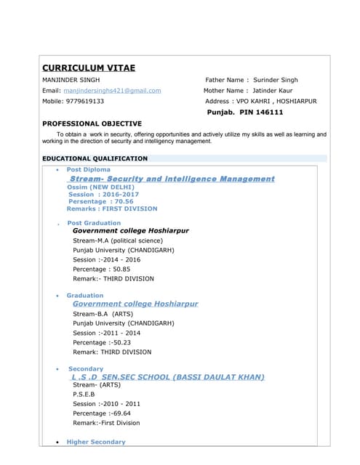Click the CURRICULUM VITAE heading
click(x=89, y=68)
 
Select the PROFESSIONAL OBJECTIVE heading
click(x=92, y=124)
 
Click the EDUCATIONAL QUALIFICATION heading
click(x=95, y=158)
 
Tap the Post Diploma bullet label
click(x=89, y=169)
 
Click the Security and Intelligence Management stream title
click(x=172, y=179)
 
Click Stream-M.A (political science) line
click(x=118, y=240)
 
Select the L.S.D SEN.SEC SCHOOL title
click(x=167, y=377)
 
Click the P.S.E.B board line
click(x=85, y=395)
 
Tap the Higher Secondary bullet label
click(x=96, y=442)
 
